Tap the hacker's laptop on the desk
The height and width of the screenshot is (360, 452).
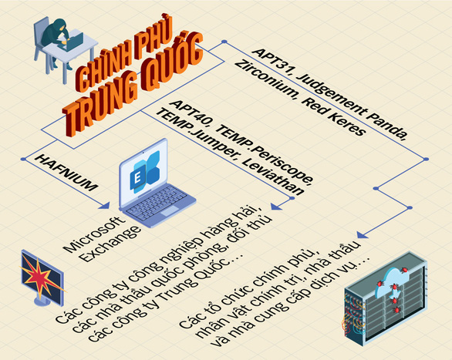pos(72,42)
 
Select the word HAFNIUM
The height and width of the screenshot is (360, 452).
pos(66,172)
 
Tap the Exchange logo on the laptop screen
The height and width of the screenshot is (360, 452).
pos(144,172)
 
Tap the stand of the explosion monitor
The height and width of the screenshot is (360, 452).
pos(42,301)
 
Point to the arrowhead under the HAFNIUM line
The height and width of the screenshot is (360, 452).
pos(104,205)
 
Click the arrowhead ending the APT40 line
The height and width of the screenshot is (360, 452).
pos(275,206)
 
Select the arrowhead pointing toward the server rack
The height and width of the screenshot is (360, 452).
pos(362,234)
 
